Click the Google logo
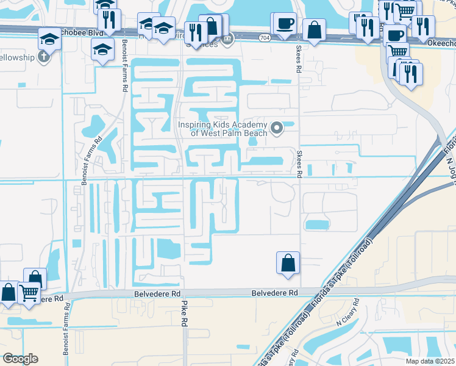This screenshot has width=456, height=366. point(20,359)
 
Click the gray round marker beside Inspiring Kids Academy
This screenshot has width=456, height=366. point(277,128)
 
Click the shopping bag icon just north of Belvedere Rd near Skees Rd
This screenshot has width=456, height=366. point(288,264)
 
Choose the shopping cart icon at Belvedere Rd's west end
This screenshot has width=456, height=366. point(28,293)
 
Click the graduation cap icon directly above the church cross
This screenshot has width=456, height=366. point(49,40)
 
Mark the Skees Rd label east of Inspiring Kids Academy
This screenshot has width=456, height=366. point(299,164)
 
